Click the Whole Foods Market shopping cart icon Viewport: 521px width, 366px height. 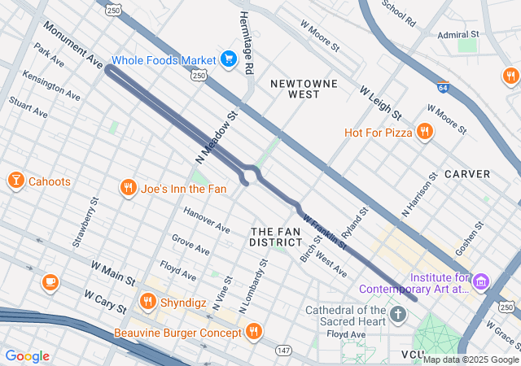[x=229, y=59]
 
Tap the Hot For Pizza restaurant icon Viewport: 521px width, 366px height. [x=423, y=132]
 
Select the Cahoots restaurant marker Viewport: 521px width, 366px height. [x=15, y=181]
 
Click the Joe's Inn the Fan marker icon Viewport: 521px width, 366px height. [x=128, y=189]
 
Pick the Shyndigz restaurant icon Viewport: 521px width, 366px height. [x=147, y=302]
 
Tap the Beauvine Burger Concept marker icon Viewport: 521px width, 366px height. [x=253, y=331]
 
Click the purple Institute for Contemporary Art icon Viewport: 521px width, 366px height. [x=481, y=281]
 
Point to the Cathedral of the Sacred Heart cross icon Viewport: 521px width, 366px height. [x=398, y=314]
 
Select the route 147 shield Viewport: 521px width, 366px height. [x=283, y=350]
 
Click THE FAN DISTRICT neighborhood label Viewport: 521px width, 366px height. [x=275, y=237]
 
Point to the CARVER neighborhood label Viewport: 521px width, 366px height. [x=466, y=174]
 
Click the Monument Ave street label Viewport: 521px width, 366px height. [x=74, y=50]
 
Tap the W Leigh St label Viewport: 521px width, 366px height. [x=381, y=100]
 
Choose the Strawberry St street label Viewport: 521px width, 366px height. [x=85, y=222]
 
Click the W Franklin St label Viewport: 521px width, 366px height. [x=324, y=231]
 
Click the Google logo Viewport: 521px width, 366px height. [x=27, y=356]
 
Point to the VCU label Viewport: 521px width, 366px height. [x=413, y=355]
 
